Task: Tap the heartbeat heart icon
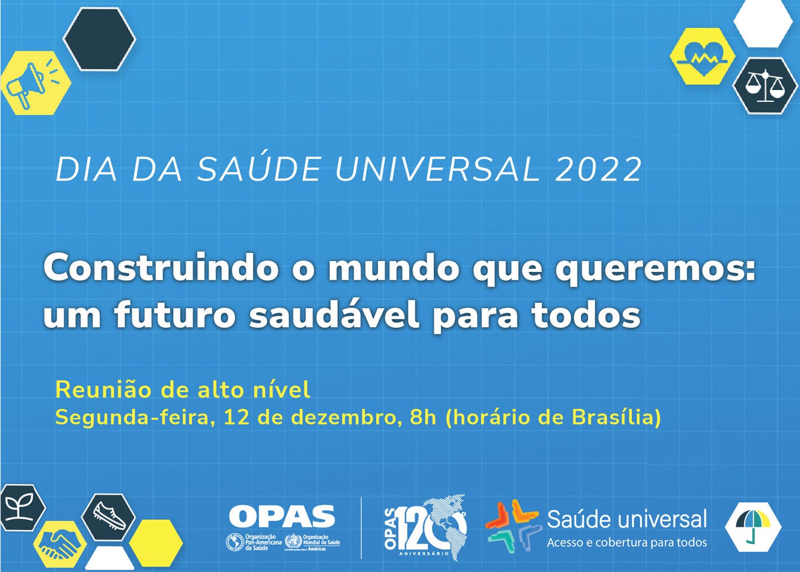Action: (x=702, y=56)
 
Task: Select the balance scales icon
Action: (x=765, y=86)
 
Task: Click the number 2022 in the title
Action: (x=598, y=169)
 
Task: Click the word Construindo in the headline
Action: (x=161, y=269)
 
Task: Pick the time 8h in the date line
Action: (x=423, y=418)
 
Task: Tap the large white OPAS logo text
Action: (x=282, y=516)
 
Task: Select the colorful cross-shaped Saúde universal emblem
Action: (x=512, y=525)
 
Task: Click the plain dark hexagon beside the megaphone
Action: (x=99, y=38)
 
